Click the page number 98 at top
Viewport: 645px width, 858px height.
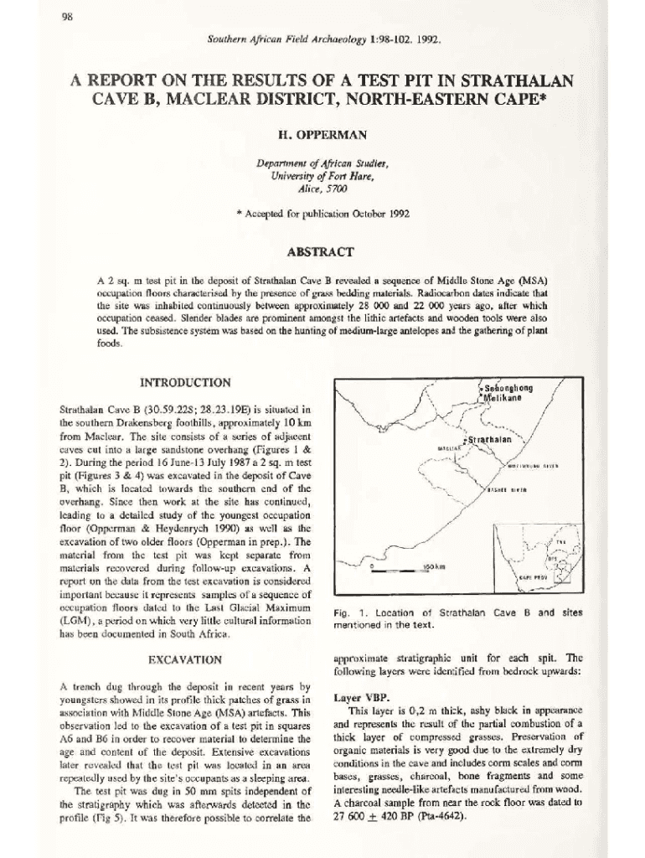point(65,19)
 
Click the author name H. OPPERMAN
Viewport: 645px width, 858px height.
point(322,134)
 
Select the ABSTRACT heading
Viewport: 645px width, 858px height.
point(322,251)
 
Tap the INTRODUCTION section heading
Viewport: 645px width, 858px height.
point(186,383)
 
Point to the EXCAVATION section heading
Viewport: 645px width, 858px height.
point(186,659)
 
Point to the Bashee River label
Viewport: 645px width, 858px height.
point(507,490)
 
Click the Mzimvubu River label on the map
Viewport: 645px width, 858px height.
point(533,465)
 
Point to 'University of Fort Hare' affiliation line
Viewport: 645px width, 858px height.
point(322,176)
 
